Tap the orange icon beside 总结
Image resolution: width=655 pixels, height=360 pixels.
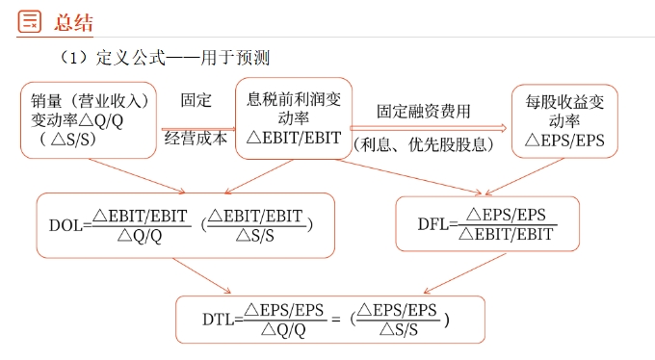[29, 21]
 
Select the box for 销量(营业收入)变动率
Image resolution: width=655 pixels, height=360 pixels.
[88, 120]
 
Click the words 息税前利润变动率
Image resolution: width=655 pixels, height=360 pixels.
[294, 108]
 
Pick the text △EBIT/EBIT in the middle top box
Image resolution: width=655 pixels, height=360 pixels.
[294, 139]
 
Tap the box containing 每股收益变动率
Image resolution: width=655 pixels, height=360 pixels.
[564, 120]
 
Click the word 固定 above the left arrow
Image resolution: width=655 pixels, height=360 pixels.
[196, 99]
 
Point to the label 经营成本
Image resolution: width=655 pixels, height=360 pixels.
[196, 139]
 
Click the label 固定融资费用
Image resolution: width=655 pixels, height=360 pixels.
[424, 111]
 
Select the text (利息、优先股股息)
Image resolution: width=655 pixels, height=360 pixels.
[424, 145]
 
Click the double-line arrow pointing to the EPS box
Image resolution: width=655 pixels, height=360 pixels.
[429, 126]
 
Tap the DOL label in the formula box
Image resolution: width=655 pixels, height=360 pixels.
[65, 226]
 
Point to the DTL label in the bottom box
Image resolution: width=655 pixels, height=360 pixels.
[219, 320]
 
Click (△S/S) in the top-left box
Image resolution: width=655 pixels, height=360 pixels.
[69, 140]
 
